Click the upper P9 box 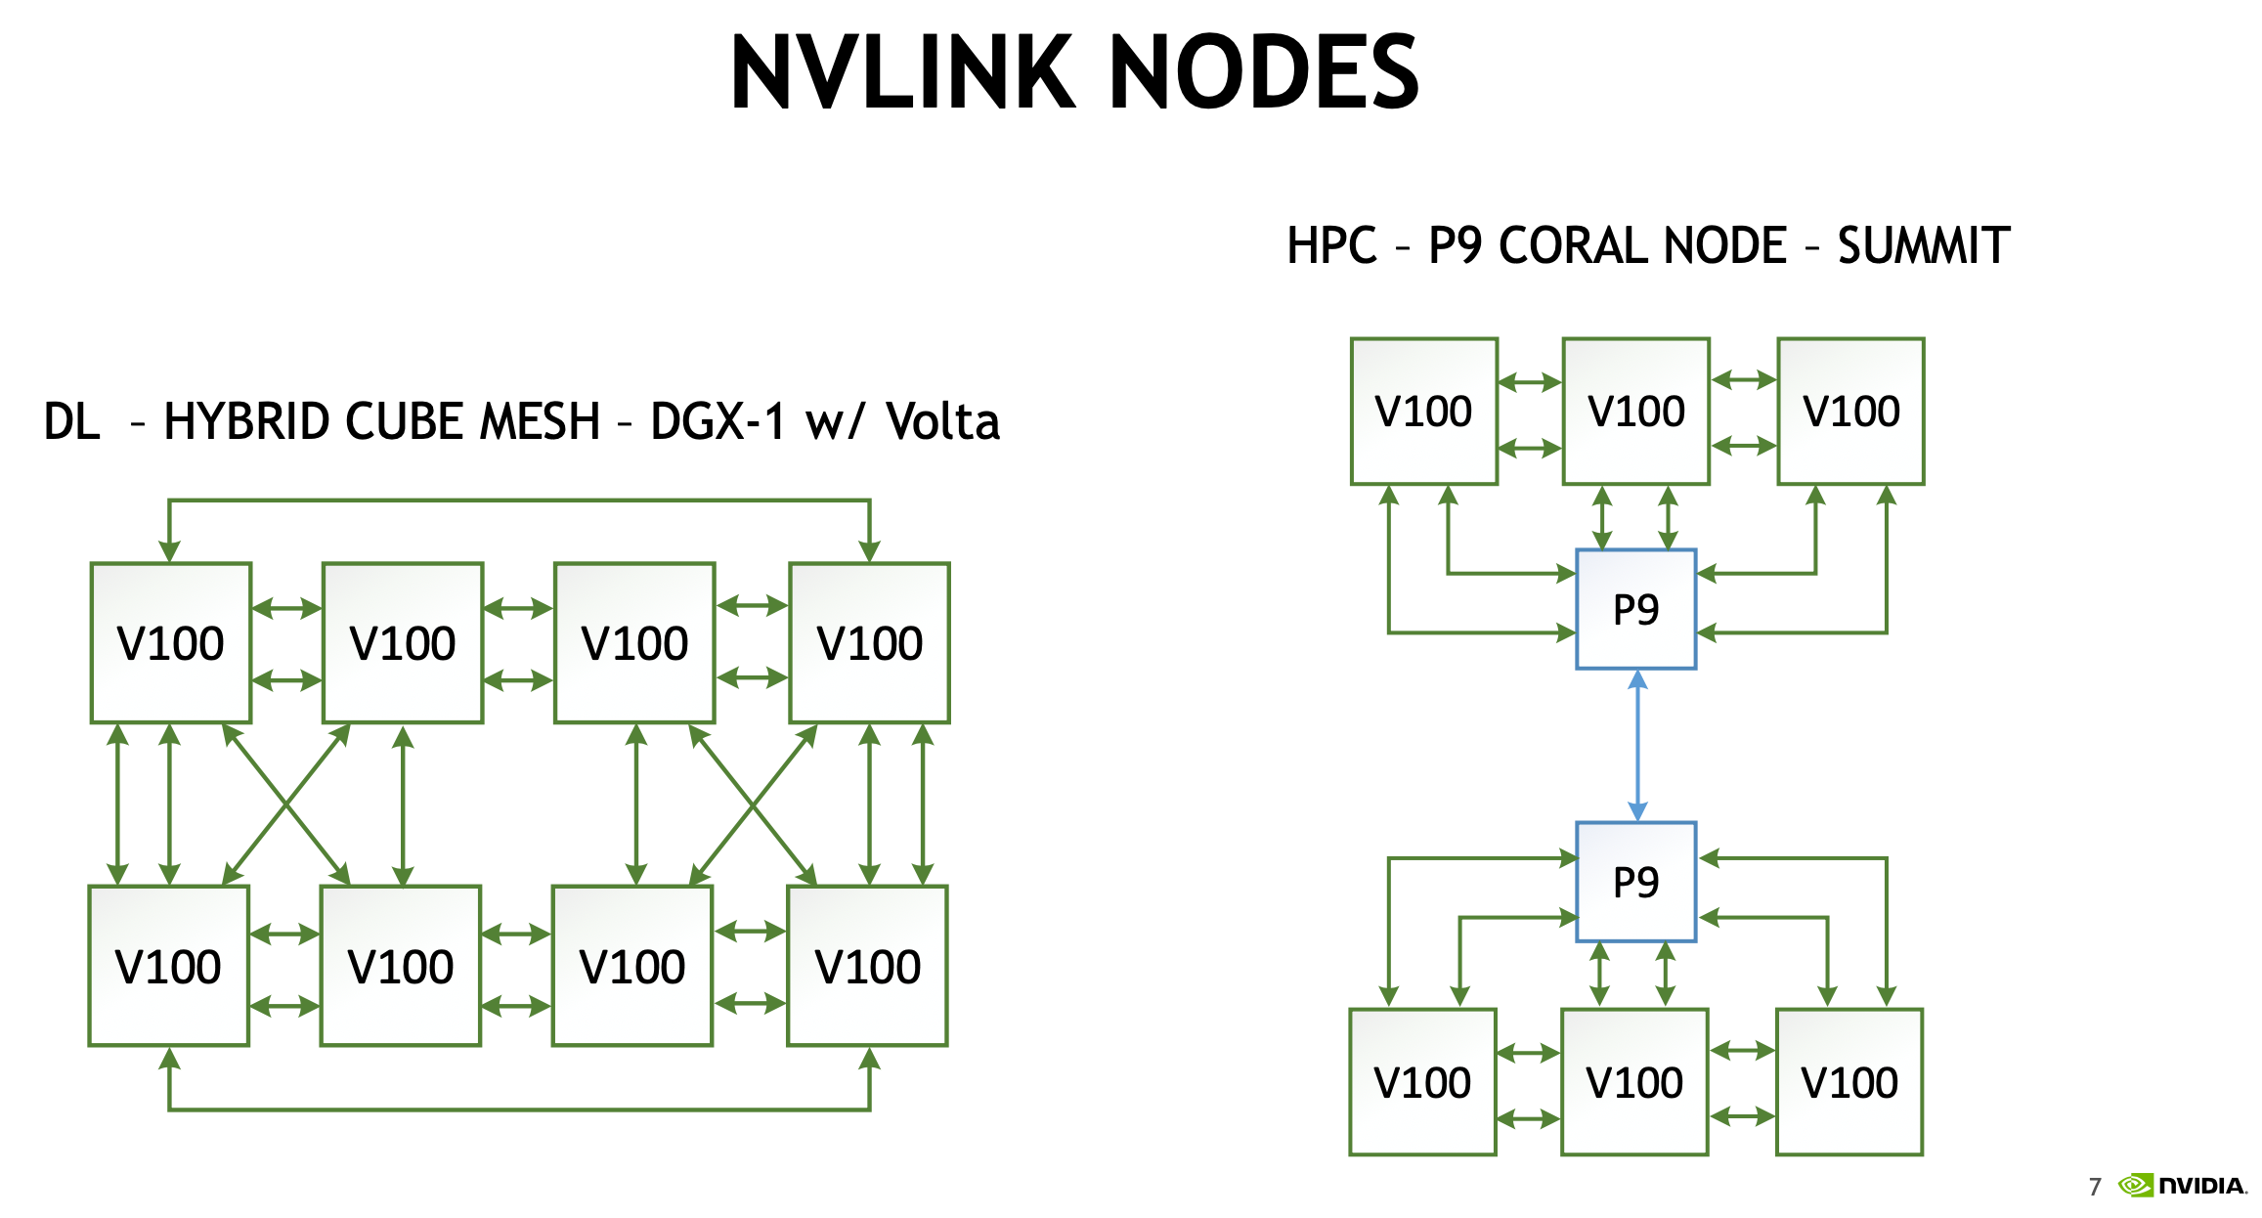click(1635, 609)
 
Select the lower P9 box click(1635, 882)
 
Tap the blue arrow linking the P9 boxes click(1637, 745)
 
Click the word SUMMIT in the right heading click(1923, 245)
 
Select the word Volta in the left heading click(942, 422)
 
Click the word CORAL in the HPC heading click(1641, 245)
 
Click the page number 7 click(2095, 1187)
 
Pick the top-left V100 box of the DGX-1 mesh click(171, 642)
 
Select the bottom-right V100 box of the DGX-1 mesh click(867, 966)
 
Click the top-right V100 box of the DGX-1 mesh click(869, 642)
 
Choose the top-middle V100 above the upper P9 click(1635, 411)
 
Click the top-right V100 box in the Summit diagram click(1850, 411)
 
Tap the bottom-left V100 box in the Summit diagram click(1422, 1082)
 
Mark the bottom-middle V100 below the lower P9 click(1634, 1082)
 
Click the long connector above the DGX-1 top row click(518, 500)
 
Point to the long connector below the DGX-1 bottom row click(518, 1109)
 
